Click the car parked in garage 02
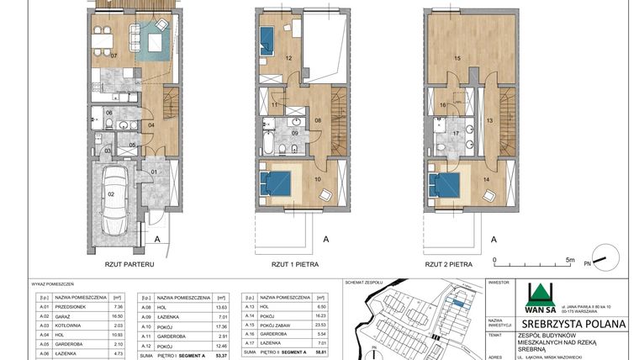pyautogui.click(x=114, y=203)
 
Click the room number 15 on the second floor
pyautogui.click(x=457, y=58)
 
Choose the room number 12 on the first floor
pyautogui.click(x=288, y=58)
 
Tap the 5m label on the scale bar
pyautogui.click(x=569, y=261)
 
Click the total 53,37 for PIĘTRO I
pyautogui.click(x=221, y=355)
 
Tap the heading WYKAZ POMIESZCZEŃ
pyautogui.click(x=52, y=283)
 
